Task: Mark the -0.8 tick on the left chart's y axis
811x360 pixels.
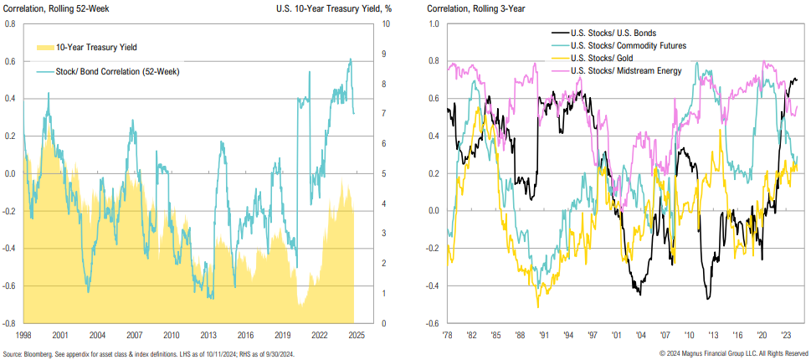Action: pos(10,323)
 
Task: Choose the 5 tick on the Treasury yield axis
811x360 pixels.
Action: pos(383,174)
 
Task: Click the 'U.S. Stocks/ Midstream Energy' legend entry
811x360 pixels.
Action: pos(629,70)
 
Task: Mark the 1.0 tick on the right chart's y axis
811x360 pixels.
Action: pos(434,24)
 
